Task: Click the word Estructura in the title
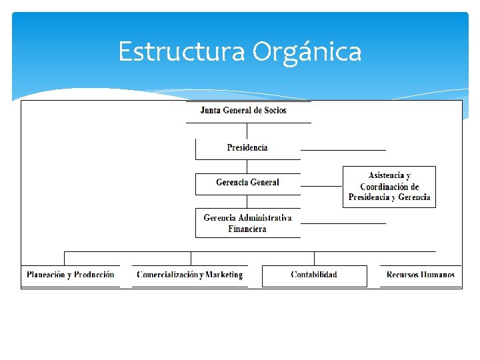pyautogui.click(x=181, y=51)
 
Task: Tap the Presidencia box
pyautogui.click(x=247, y=148)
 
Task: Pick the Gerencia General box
pyautogui.click(x=247, y=183)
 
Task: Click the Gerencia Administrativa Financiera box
pyautogui.click(x=247, y=223)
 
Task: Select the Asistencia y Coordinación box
pyautogui.click(x=389, y=187)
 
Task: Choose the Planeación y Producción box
pyautogui.click(x=71, y=275)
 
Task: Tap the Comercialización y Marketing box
pyautogui.click(x=190, y=275)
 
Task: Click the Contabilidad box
pyautogui.click(x=314, y=275)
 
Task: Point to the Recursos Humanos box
pyautogui.click(x=421, y=275)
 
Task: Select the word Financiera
pyautogui.click(x=247, y=229)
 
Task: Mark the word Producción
pyautogui.click(x=94, y=275)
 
